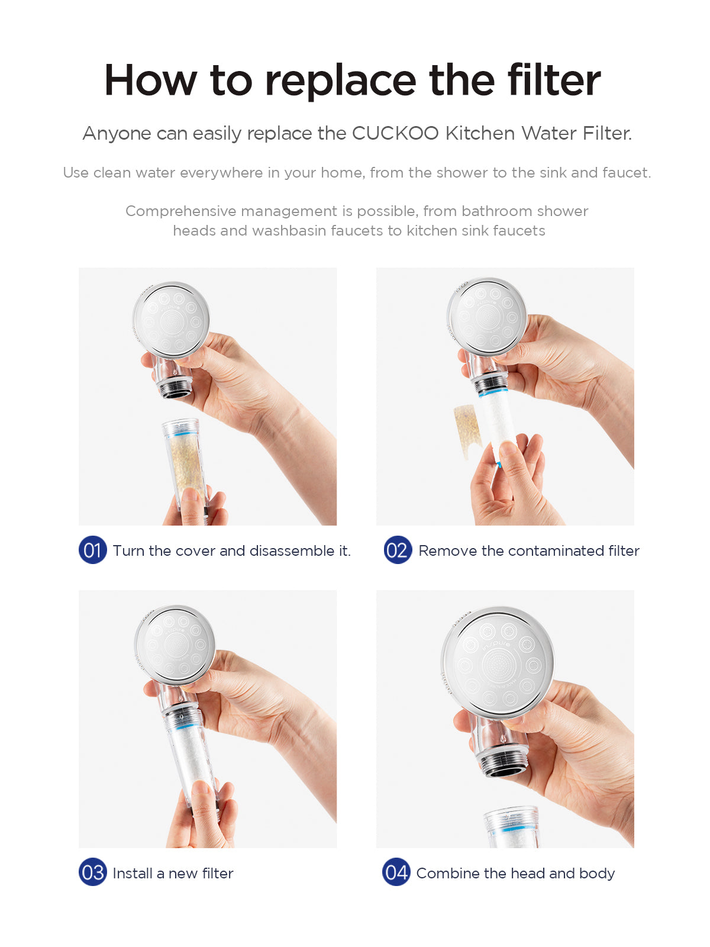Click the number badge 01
pyautogui.click(x=93, y=550)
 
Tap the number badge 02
pyautogui.click(x=398, y=550)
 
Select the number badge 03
pyautogui.click(x=93, y=872)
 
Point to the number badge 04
pyautogui.click(x=396, y=872)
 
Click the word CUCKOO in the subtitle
pyautogui.click(x=395, y=133)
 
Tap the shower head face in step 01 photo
pyautogui.click(x=172, y=320)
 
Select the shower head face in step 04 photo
pyautogui.click(x=498, y=663)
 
